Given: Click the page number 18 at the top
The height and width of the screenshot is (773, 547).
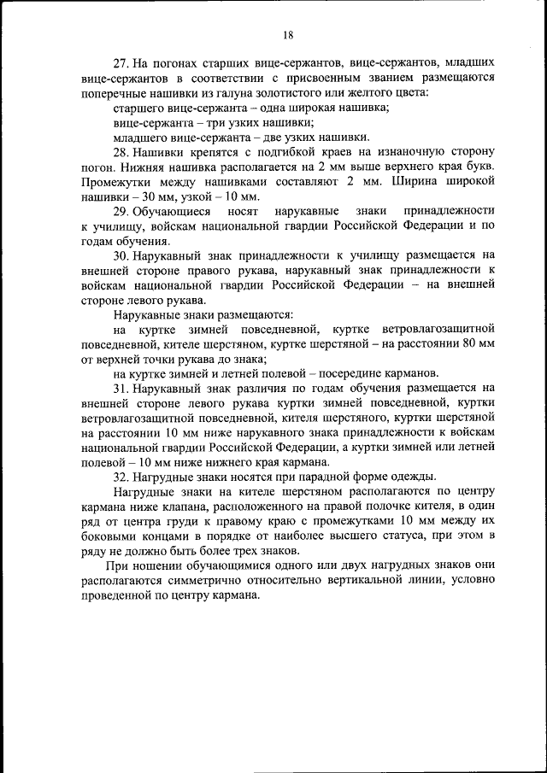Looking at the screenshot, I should point(287,34).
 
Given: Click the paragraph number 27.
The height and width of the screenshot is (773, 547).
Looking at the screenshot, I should point(121,64).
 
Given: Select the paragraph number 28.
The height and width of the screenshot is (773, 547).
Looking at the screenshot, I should point(121,151).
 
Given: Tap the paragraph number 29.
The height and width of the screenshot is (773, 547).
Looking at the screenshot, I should point(121,210).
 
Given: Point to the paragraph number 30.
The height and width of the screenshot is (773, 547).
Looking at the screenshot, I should point(121,255).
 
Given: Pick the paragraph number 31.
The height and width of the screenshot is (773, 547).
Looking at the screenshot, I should point(121,387).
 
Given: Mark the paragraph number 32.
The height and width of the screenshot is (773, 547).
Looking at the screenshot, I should point(121,476).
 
